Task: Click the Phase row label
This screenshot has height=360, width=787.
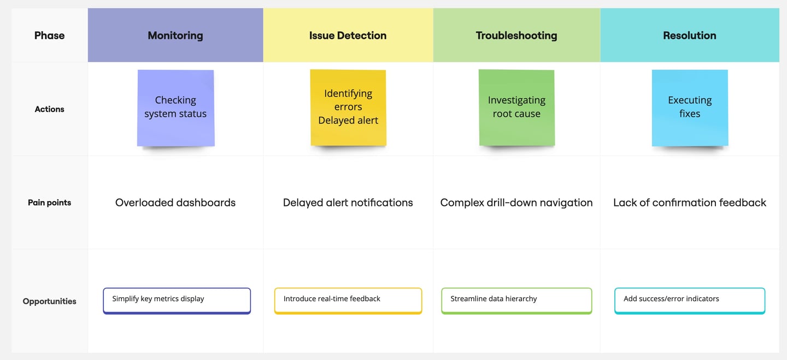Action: pos(50,36)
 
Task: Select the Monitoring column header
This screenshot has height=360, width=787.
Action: pos(175,36)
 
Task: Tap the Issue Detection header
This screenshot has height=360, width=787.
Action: pos(348,36)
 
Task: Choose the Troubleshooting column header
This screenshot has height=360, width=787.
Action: pos(516,36)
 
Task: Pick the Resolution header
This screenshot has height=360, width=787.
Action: pos(690,36)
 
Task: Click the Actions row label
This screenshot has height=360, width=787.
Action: pos(50,109)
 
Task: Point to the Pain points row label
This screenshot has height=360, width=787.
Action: pos(50,203)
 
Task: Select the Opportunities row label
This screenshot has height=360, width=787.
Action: pos(50,302)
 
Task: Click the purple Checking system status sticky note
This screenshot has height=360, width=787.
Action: pos(175,108)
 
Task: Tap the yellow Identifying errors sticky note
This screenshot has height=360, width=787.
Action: pos(348,108)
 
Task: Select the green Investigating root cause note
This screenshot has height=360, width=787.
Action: pos(517,108)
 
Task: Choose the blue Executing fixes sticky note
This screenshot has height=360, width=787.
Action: pos(690,108)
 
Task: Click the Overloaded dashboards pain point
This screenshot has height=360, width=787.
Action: pos(175,203)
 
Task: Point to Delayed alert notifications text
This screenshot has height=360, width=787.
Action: pos(348,203)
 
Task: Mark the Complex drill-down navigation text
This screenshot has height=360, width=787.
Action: pos(516,203)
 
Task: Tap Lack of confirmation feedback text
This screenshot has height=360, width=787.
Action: pos(690,203)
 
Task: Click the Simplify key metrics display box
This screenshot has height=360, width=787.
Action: pos(177,301)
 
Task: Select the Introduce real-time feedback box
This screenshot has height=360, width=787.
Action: pos(348,301)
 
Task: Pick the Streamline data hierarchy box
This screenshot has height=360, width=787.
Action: pos(517,301)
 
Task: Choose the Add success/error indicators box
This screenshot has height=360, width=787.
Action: pos(690,301)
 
